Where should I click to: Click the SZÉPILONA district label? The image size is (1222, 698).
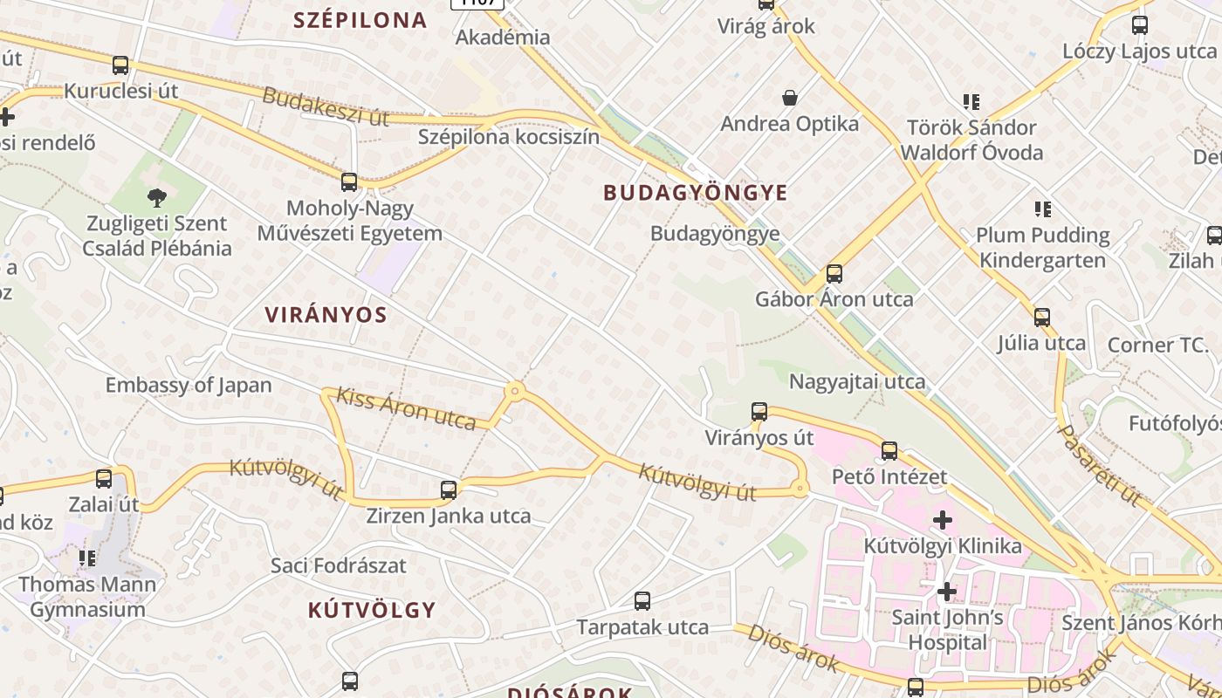(360, 20)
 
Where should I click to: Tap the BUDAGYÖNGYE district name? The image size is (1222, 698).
(696, 193)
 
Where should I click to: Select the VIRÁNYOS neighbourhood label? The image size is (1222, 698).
(326, 315)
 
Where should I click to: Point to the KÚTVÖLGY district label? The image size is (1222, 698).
(371, 610)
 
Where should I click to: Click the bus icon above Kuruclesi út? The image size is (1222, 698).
(120, 65)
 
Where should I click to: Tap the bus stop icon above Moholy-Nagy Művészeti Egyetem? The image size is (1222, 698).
(349, 181)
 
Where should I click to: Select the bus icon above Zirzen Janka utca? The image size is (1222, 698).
(449, 489)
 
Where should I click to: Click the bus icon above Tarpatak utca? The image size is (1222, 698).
(642, 600)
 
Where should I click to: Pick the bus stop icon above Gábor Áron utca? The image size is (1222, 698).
(834, 273)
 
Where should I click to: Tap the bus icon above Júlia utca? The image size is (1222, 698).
(1041, 317)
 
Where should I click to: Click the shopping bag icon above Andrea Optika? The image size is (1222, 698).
(790, 98)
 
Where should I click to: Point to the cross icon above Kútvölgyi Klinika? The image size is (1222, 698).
(943, 521)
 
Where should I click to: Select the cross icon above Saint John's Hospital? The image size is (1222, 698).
(946, 592)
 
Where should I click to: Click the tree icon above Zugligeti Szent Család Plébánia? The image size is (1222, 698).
(157, 198)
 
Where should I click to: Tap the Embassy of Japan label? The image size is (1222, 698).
(189, 385)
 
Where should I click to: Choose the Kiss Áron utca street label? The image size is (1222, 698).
(406, 408)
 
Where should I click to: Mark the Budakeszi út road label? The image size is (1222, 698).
(325, 107)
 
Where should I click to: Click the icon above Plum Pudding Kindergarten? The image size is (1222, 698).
(1042, 209)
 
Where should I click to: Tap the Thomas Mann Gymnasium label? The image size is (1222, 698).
(87, 596)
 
